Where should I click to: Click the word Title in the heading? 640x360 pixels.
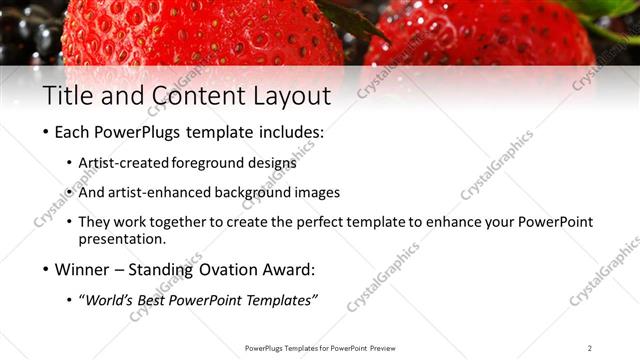pyautogui.click(x=66, y=97)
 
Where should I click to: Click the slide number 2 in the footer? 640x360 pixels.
pyautogui.click(x=589, y=347)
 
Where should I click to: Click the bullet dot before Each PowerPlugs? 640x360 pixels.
pyautogui.click(x=46, y=133)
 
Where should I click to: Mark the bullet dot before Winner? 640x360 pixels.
pyautogui.click(x=46, y=270)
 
